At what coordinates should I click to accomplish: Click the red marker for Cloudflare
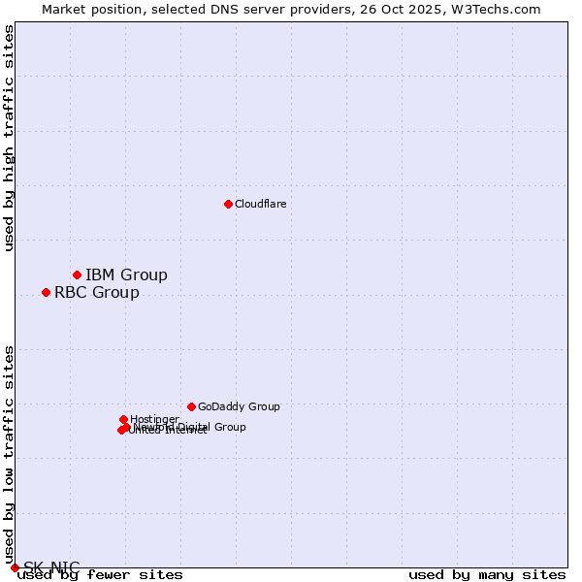click(x=228, y=204)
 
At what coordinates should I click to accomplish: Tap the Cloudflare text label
click(x=260, y=204)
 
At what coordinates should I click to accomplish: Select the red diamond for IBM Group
click(x=77, y=275)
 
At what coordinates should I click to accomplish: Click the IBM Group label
click(x=126, y=275)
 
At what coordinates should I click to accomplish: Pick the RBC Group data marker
click(x=46, y=292)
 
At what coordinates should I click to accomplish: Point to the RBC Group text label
click(x=96, y=292)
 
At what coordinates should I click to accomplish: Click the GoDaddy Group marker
click(x=191, y=406)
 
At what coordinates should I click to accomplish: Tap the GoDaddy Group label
click(x=239, y=406)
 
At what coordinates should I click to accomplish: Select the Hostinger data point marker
click(x=123, y=419)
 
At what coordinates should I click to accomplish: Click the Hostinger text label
click(x=154, y=419)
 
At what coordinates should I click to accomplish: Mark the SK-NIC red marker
click(x=15, y=567)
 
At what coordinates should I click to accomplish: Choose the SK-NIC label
click(x=51, y=567)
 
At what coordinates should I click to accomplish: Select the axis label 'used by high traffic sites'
click(x=10, y=138)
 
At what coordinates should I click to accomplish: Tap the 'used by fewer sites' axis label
click(x=100, y=574)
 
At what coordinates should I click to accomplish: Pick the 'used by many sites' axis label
click(x=487, y=574)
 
